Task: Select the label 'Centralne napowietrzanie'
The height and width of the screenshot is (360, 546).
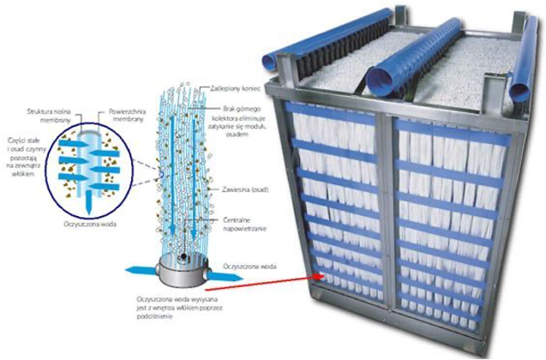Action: pos(243,224)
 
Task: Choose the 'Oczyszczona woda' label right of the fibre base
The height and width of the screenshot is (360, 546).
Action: pos(248,267)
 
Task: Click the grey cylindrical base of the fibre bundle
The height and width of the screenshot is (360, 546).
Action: pos(183,271)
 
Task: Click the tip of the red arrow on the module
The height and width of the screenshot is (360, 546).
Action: pos(322,276)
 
